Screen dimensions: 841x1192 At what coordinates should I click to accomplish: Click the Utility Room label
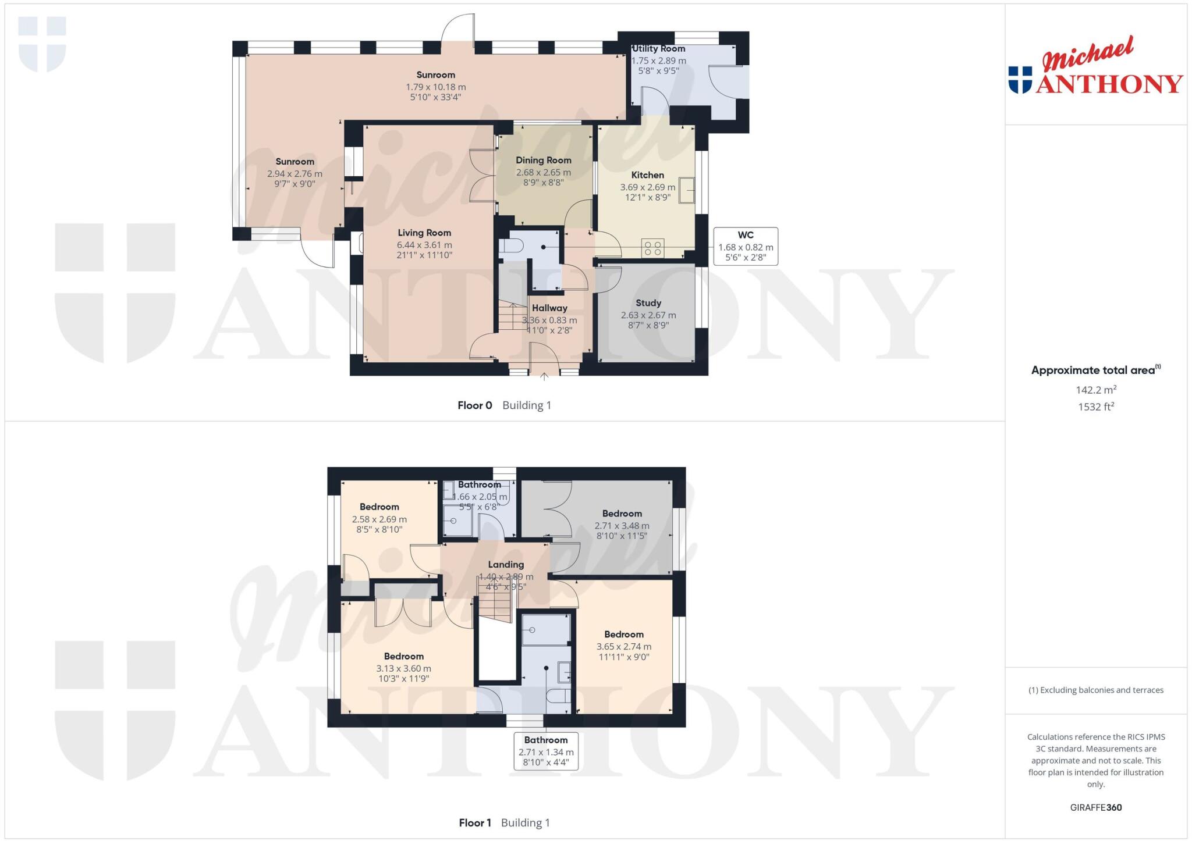tap(658, 49)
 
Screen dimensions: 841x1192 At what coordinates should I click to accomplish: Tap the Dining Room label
tap(543, 160)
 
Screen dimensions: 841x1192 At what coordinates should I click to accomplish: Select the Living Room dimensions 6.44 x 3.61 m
tap(424, 245)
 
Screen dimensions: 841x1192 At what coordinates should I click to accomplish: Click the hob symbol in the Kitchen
tap(653, 248)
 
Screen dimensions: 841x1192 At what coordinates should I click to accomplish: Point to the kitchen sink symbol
tap(687, 190)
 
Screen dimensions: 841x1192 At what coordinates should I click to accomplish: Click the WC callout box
tap(746, 246)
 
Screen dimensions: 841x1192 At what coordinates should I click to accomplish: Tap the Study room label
tap(648, 303)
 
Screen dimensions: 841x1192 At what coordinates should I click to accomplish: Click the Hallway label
tap(549, 308)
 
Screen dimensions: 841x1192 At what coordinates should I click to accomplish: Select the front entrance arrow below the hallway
tap(544, 376)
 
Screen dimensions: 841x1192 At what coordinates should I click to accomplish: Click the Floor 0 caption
tap(474, 405)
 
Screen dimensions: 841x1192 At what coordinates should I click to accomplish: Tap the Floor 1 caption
tap(475, 823)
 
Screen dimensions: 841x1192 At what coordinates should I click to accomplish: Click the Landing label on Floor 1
tap(506, 564)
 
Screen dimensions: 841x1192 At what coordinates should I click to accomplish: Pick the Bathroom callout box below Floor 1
tap(546, 751)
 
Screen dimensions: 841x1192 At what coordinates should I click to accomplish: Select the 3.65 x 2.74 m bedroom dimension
tap(623, 647)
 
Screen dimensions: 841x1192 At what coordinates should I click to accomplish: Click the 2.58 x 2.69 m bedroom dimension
tap(379, 519)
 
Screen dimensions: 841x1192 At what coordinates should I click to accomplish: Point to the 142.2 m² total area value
tap(1095, 390)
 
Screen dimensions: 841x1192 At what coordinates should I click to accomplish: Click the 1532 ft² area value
tap(1095, 407)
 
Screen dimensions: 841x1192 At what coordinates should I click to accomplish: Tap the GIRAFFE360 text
tap(1095, 807)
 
